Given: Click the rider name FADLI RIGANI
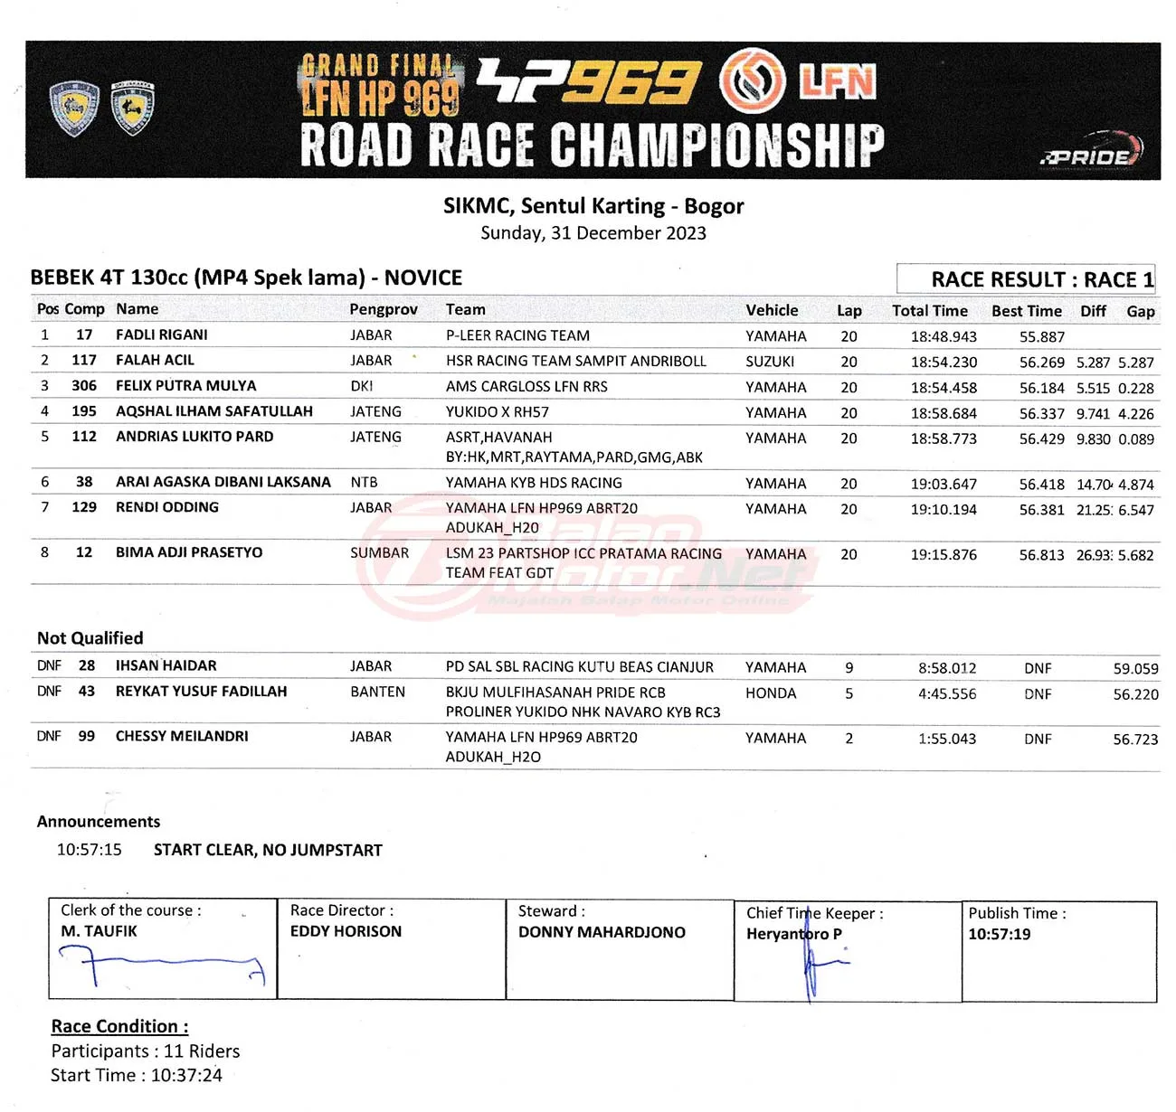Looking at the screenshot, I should pyautogui.click(x=162, y=335).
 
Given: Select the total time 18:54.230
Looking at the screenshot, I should pyautogui.click(x=944, y=362).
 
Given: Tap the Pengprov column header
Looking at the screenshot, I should pyautogui.click(x=384, y=309).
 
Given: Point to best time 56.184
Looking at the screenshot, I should pyautogui.click(x=1041, y=388).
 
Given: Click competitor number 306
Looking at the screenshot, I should pyautogui.click(x=84, y=385).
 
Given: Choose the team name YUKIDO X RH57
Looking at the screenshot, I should pyautogui.click(x=497, y=412).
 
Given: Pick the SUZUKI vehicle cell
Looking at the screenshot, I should pyautogui.click(x=770, y=362).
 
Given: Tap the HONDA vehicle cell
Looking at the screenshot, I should pyautogui.click(x=771, y=693).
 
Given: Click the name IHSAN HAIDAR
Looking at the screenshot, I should pyautogui.click(x=166, y=665).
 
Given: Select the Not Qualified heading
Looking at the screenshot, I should pyautogui.click(x=90, y=638).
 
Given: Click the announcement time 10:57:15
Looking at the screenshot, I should pyautogui.click(x=89, y=850).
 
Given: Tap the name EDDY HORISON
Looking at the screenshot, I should pyautogui.click(x=346, y=931).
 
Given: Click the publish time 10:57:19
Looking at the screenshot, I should pyautogui.click(x=999, y=934).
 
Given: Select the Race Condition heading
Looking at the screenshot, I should pyautogui.click(x=119, y=1026).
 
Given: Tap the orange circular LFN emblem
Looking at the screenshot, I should pyautogui.click(x=752, y=80).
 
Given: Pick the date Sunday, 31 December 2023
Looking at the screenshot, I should pyautogui.click(x=593, y=233).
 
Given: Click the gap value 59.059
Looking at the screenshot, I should pyautogui.click(x=1135, y=669).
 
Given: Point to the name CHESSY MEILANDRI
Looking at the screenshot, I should pyautogui.click(x=182, y=736).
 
